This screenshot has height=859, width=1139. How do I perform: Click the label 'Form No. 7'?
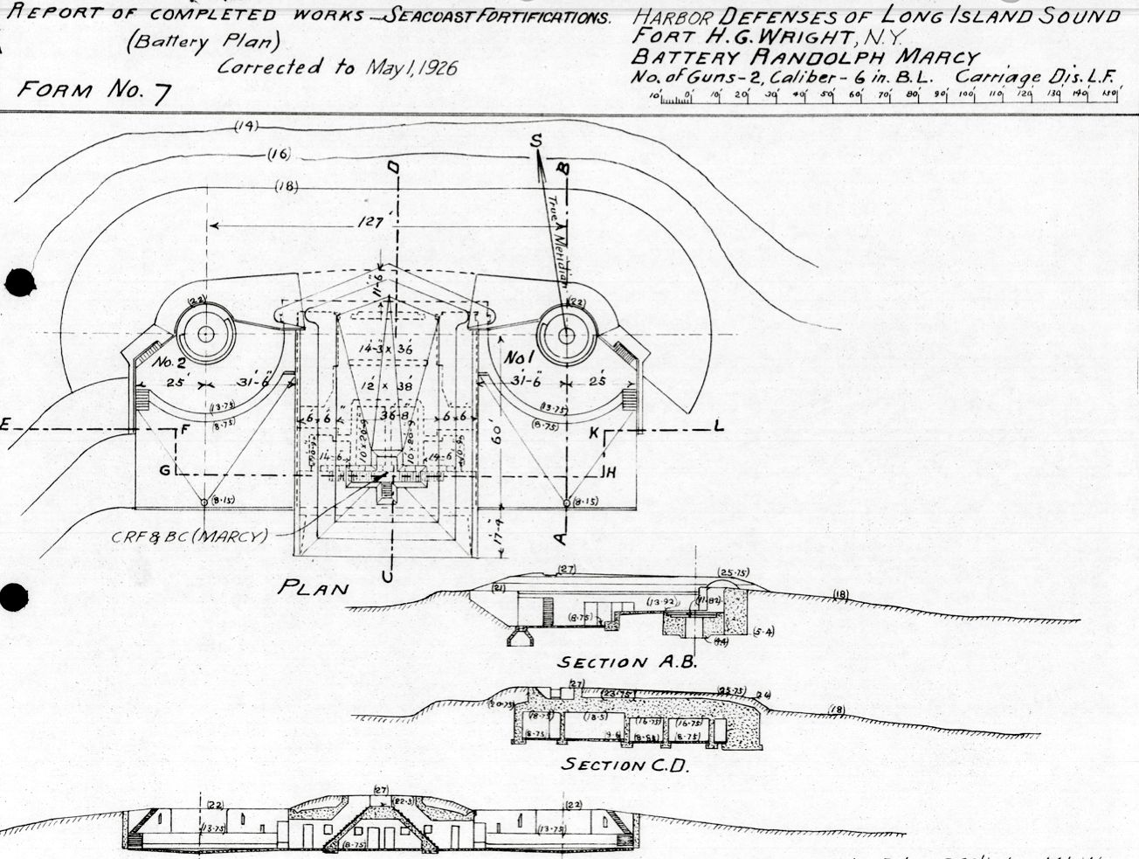tap(93, 90)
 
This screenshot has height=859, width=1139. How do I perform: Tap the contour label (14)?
tap(246, 127)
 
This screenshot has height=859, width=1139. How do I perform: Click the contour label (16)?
tap(279, 156)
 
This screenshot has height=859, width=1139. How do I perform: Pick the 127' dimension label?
tap(372, 223)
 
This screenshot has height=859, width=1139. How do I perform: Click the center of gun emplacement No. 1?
tap(566, 333)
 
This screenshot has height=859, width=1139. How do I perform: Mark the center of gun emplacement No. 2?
tap(205, 333)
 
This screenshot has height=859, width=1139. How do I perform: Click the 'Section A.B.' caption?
tap(627, 662)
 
